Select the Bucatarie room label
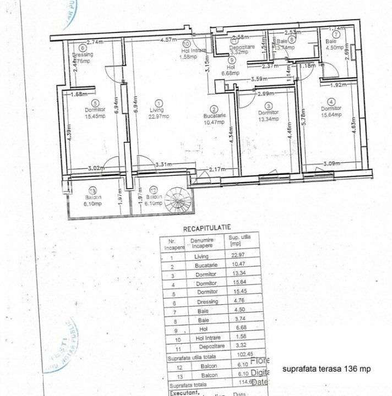[x=214, y=116]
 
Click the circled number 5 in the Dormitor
[x=95, y=102]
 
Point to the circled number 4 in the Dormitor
[x=330, y=102]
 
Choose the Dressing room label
[x=83, y=55]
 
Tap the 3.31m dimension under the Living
[x=164, y=164]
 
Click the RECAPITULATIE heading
[x=206, y=227]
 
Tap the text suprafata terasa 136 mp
[x=322, y=369]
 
